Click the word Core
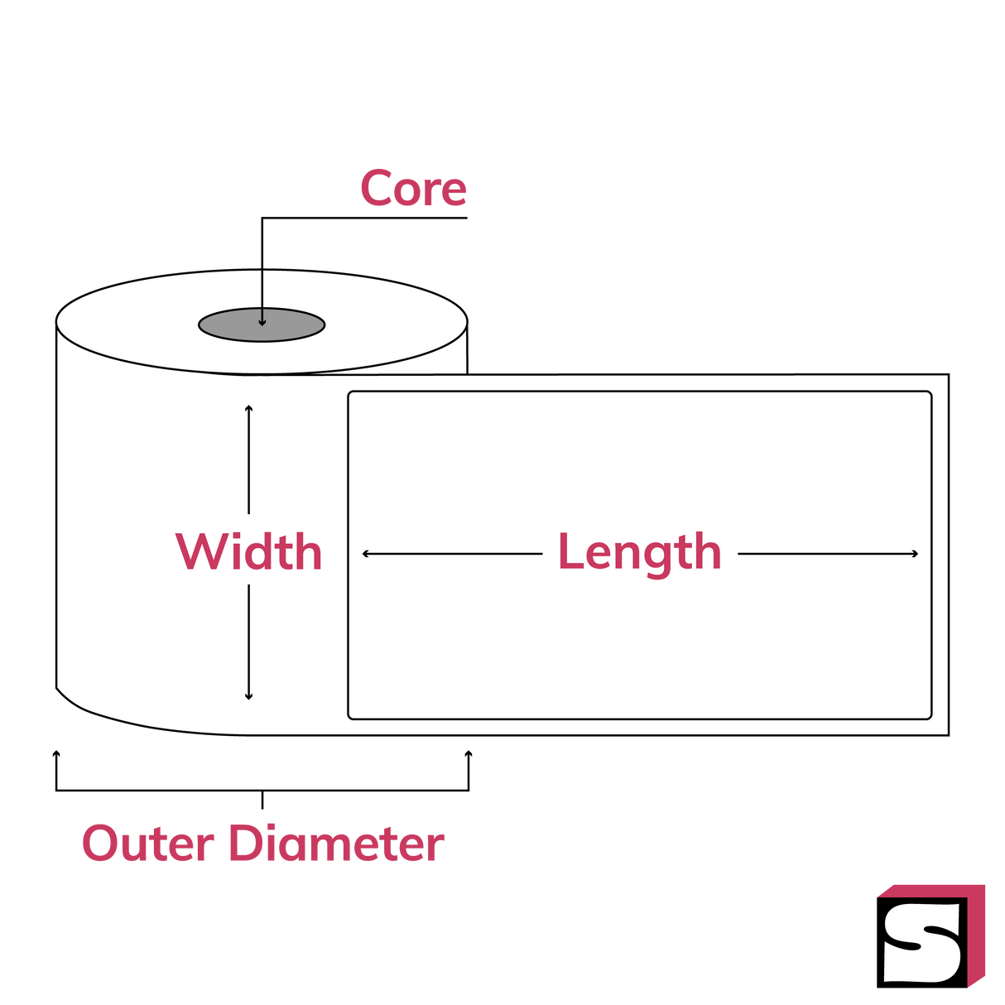pos(413,188)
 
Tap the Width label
pos(249,551)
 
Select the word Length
pos(639,552)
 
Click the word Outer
pos(148,844)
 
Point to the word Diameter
pos(336,844)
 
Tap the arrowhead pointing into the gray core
pos(262,323)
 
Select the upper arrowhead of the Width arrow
pos(248,408)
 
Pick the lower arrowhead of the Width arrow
pos(248,697)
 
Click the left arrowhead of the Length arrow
pos(366,553)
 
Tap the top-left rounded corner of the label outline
pos(351,394)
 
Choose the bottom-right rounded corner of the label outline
pos(929,716)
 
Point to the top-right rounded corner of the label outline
pos(929,394)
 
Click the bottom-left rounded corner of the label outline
pos(351,716)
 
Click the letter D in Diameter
pos(243,844)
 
